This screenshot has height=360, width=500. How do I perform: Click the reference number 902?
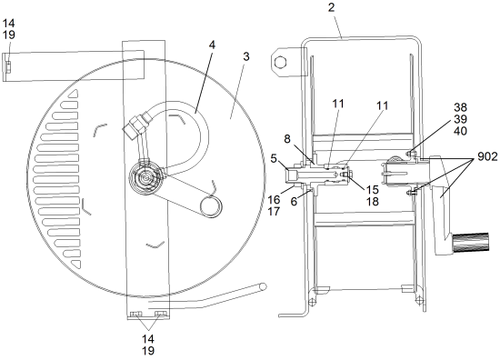[487, 156]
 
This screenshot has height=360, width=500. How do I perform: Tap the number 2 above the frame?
[332, 7]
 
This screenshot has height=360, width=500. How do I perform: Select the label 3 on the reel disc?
[245, 56]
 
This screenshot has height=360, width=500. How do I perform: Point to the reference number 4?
[212, 45]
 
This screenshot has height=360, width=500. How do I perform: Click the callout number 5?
[274, 158]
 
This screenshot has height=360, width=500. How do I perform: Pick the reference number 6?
[294, 201]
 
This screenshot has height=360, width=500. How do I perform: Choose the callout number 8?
[287, 139]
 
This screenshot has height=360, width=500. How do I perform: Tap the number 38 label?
[460, 107]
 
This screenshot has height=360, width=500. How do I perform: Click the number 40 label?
[460, 131]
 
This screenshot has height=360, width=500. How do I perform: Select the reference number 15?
[372, 190]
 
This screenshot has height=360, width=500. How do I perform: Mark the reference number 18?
[372, 201]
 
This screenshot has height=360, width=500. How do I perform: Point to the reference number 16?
[274, 200]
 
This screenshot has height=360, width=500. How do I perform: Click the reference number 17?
[274, 211]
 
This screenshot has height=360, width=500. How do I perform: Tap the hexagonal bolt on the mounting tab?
[280, 62]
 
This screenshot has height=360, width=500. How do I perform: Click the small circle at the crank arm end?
[211, 206]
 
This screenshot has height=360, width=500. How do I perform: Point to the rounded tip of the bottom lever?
[263, 286]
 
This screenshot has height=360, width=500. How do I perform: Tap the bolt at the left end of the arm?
[8, 67]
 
